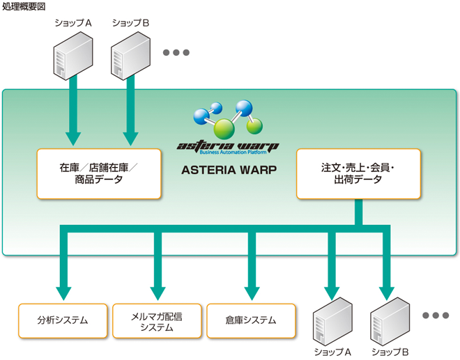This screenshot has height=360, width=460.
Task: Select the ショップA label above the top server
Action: [x=73, y=23]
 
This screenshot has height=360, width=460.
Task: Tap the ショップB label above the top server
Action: [x=130, y=23]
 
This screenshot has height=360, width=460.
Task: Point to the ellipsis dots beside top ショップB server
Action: [x=176, y=52]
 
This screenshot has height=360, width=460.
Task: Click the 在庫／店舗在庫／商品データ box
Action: [x=98, y=173]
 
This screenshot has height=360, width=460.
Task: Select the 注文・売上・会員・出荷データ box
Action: [x=358, y=173]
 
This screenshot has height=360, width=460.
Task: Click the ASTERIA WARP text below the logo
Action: [x=228, y=169]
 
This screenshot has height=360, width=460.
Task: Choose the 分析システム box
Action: [x=63, y=320]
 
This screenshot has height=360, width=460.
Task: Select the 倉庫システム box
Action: [x=251, y=320]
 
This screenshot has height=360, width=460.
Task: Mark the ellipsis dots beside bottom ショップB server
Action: [x=436, y=315]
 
